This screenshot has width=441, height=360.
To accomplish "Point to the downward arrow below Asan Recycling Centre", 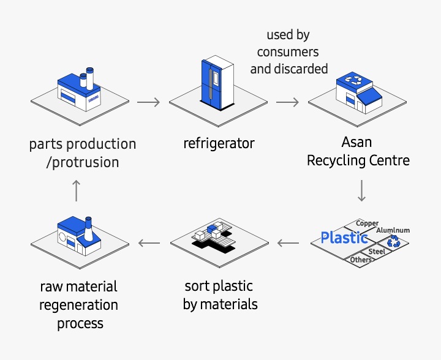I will pyautogui.click(x=361, y=190).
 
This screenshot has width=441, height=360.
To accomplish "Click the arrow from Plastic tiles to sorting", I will pyautogui.click(x=287, y=243).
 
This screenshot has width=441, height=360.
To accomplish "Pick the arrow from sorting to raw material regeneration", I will pyautogui.click(x=148, y=243).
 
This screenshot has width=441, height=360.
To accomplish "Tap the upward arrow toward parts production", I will pyautogui.click(x=76, y=190).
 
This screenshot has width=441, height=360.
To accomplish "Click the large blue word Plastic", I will pyautogui.click(x=344, y=238).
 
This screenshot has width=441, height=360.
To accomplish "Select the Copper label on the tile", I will pyautogui.click(x=367, y=223).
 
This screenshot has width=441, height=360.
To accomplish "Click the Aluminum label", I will pyautogui.click(x=393, y=230).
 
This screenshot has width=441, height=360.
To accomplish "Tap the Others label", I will pyautogui.click(x=361, y=260).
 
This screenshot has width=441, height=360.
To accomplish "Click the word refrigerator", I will pyautogui.click(x=219, y=144).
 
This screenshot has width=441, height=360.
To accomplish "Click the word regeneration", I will pyautogui.click(x=79, y=304).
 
